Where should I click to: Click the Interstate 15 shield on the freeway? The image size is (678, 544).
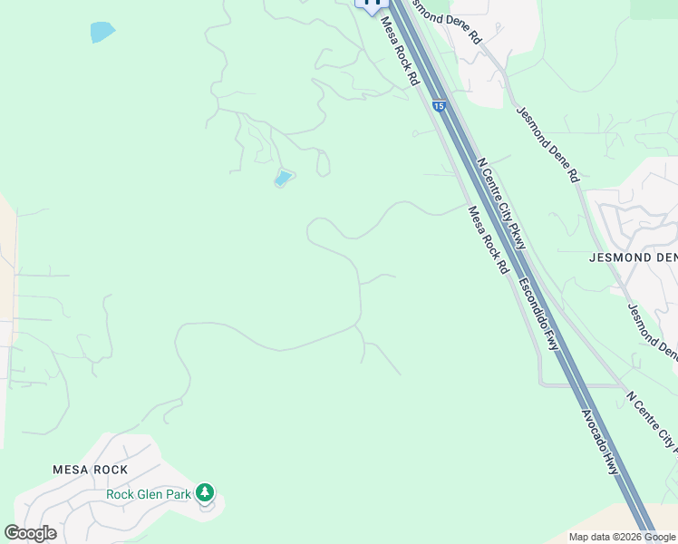tap(439, 106)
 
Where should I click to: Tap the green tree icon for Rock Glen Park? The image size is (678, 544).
tap(206, 493)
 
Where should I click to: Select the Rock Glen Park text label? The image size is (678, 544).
tap(149, 494)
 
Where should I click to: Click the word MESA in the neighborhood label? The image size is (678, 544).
tap(69, 470)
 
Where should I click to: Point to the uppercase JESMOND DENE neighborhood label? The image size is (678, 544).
tap(633, 257)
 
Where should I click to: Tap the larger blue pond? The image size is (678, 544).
tap(102, 32)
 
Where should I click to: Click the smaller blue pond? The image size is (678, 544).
tap(284, 178)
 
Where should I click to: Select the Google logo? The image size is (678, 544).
tap(30, 533)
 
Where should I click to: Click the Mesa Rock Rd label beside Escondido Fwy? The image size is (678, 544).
tap(488, 239)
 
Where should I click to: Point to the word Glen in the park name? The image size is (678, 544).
tap(151, 494)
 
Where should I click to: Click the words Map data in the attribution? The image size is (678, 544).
tap(587, 537)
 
